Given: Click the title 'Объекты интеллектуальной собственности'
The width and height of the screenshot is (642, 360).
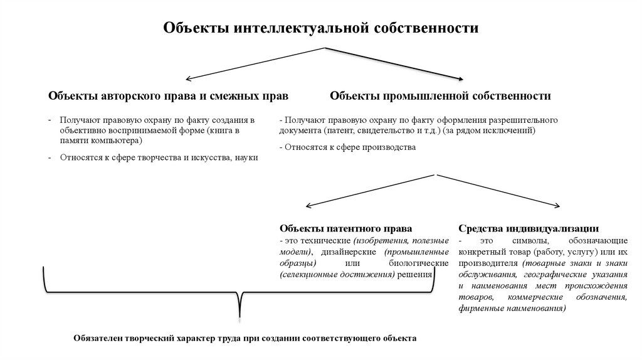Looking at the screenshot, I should pyautogui.click(x=321, y=28).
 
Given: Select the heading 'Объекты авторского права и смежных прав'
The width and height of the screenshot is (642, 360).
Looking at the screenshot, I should pyautogui.click(x=168, y=97).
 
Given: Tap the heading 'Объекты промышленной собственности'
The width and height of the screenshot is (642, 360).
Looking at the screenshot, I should pyautogui.click(x=441, y=97).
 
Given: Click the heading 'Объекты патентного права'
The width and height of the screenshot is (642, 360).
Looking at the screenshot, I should pyautogui.click(x=345, y=228).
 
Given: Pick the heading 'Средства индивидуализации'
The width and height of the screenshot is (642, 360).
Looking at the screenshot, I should pyautogui.click(x=528, y=228).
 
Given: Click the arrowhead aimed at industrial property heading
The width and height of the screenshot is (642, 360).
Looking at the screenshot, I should pyautogui.click(x=460, y=79).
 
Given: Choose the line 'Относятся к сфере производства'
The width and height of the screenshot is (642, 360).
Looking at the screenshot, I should pyautogui.click(x=349, y=147).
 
